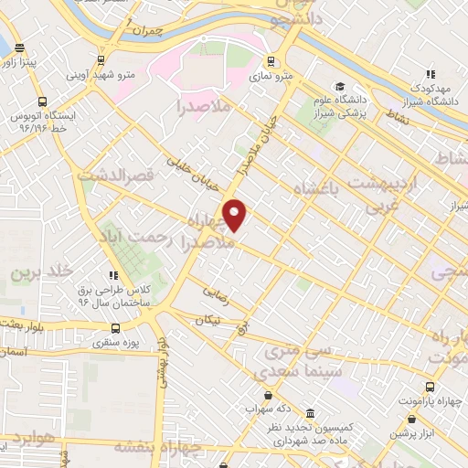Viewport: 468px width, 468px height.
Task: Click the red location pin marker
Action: pyautogui.click(x=236, y=215)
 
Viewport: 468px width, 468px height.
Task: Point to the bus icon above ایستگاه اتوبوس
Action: pyautogui.click(x=41, y=102)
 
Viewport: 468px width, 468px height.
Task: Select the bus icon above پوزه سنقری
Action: pyautogui.click(x=114, y=328)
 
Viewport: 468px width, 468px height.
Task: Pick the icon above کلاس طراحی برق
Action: pyautogui.click(x=112, y=274)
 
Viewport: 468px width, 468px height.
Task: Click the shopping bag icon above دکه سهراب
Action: pyautogui.click(x=267, y=396)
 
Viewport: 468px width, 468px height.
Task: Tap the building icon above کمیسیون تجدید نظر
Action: pyautogui.click(x=312, y=413)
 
